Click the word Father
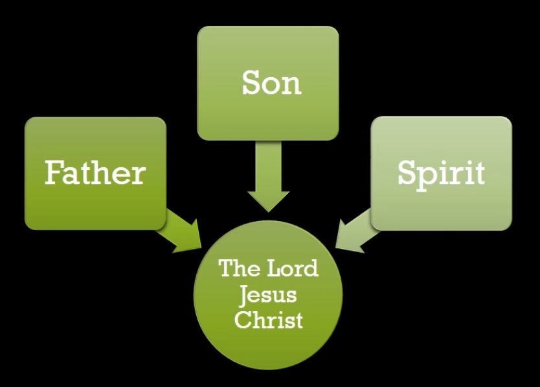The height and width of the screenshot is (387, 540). [x=95, y=173]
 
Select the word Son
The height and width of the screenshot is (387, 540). [x=271, y=82]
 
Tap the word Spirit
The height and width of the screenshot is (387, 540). [x=441, y=173]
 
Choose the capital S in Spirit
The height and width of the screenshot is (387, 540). [x=407, y=173]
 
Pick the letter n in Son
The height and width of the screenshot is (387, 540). [x=292, y=85]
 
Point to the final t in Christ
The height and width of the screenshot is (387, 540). [x=298, y=320]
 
